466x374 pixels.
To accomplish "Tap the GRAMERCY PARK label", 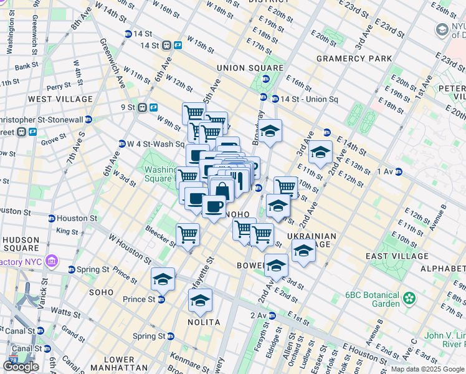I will (x=354, y=59).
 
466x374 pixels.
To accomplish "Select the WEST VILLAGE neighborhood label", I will (x=60, y=99).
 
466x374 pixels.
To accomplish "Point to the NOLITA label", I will (x=204, y=322).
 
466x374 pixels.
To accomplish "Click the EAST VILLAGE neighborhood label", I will (x=397, y=256).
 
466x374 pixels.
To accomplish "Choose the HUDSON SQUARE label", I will (x=21, y=244).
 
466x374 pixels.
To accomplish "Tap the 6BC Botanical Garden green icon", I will (x=409, y=299).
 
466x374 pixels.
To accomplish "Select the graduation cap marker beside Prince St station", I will (x=163, y=279).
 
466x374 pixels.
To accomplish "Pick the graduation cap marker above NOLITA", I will (x=200, y=300).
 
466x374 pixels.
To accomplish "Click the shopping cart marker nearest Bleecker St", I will (x=188, y=234).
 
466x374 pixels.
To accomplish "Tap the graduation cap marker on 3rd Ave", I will (x=320, y=152).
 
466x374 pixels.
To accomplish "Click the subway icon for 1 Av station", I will (x=398, y=172).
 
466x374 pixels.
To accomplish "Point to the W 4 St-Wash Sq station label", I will (x=150, y=144).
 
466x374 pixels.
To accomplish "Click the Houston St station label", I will (x=77, y=219).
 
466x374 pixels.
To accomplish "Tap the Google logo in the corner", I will (x=21, y=367).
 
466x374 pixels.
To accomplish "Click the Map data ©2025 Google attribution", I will (x=427, y=369).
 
